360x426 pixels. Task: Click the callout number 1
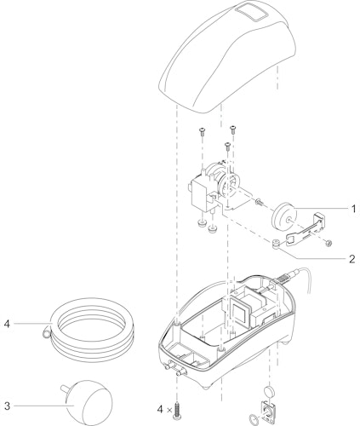pyautogui.click(x=353, y=209)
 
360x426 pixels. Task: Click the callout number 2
pyautogui.click(x=351, y=259)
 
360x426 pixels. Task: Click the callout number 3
pyautogui.click(x=8, y=406)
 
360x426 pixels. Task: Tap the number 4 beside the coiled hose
pyautogui.click(x=7, y=324)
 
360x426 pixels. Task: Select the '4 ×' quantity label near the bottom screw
pyautogui.click(x=164, y=410)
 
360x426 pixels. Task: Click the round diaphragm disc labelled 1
pyautogui.click(x=284, y=217)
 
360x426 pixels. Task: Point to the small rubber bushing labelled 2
pyautogui.click(x=274, y=244)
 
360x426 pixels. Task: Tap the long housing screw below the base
pyautogui.click(x=178, y=411)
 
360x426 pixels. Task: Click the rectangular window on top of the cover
pyautogui.click(x=253, y=14)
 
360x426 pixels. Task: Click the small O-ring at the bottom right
pyautogui.click(x=253, y=418)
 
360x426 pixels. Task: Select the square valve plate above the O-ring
pyautogui.click(x=267, y=411)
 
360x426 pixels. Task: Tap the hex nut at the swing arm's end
pyautogui.click(x=329, y=243)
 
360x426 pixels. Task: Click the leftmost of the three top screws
pyautogui.click(x=202, y=131)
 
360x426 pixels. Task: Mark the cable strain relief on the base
pyautogui.click(x=286, y=275)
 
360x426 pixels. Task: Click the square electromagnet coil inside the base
pyautogui.click(x=241, y=309)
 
